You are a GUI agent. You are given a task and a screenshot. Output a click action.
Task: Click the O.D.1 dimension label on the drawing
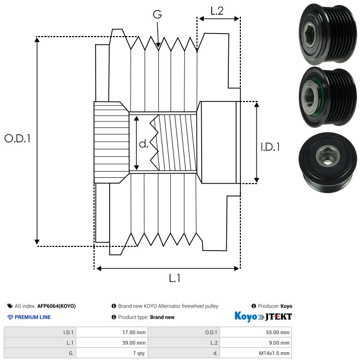(17, 139)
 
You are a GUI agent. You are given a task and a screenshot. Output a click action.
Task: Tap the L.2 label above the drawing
(217, 11)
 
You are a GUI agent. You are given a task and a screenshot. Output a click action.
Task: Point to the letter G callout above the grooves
(157, 14)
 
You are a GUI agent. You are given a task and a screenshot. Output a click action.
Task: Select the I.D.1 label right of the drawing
(270, 147)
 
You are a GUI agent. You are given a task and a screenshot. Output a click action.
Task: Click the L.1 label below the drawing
(175, 278)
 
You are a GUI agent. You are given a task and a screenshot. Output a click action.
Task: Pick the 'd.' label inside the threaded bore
(144, 144)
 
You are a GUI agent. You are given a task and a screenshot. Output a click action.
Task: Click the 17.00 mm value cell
(112, 332)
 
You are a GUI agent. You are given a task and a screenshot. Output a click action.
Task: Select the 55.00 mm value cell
(256, 332)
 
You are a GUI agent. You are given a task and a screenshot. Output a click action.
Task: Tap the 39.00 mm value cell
(112, 343)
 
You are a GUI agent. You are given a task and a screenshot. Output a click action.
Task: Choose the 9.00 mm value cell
(256, 343)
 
